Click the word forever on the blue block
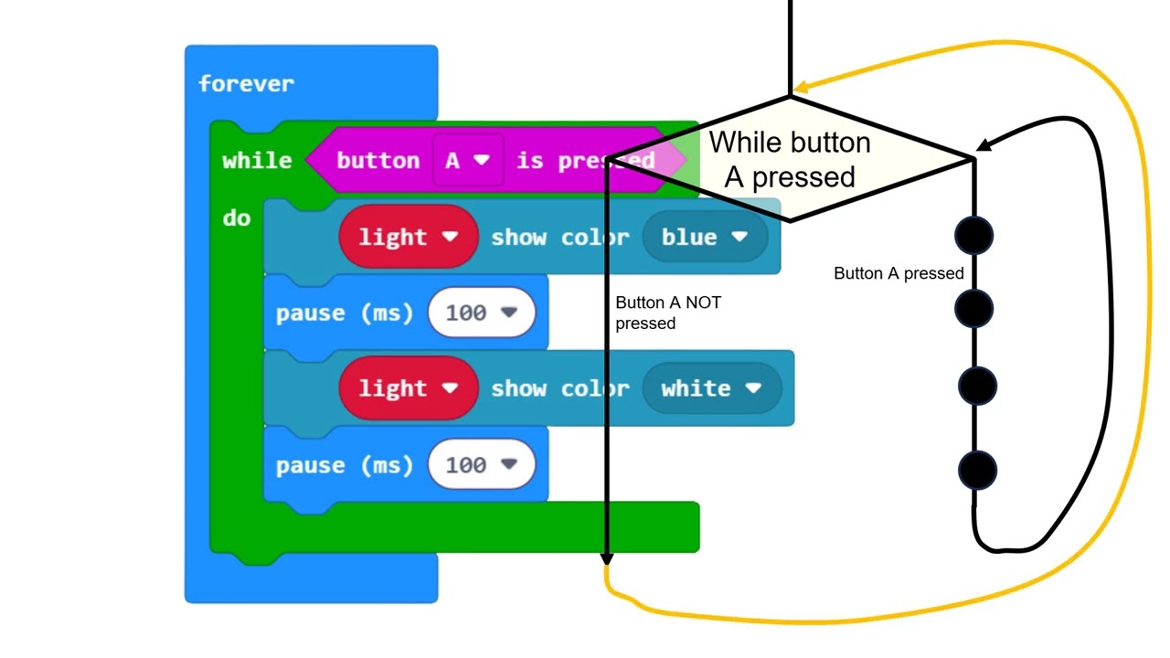(x=246, y=84)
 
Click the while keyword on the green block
(x=257, y=161)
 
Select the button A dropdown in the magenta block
(x=467, y=161)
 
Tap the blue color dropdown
(x=704, y=237)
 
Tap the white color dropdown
(x=711, y=388)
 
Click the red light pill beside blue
(x=408, y=237)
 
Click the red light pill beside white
(x=408, y=388)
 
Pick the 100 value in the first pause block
(x=481, y=313)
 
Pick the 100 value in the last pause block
(x=481, y=465)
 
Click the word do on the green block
(x=236, y=218)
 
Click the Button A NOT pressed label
(x=667, y=313)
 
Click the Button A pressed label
(x=899, y=273)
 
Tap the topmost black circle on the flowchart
(x=974, y=236)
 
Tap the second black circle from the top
(x=974, y=308)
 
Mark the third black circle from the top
(x=977, y=385)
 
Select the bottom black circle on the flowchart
(x=977, y=472)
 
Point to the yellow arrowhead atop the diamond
(x=800, y=88)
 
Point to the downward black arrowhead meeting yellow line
(x=606, y=558)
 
